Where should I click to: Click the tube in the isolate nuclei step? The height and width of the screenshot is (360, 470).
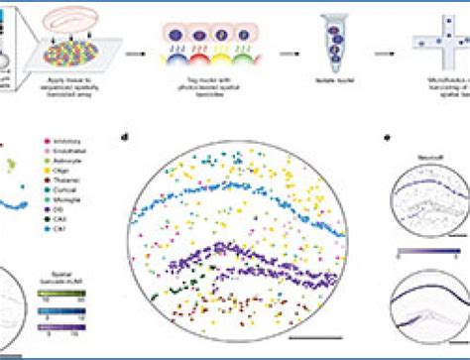(x=331, y=49)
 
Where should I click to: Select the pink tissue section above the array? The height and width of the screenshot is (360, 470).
(x=68, y=20)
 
